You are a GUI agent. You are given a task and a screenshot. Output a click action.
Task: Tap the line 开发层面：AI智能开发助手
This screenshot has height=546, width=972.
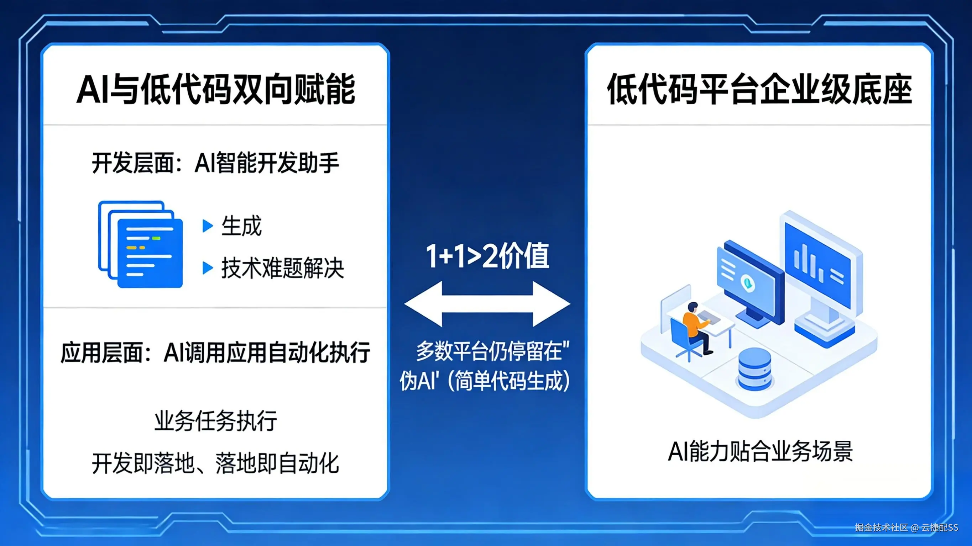[x=215, y=163]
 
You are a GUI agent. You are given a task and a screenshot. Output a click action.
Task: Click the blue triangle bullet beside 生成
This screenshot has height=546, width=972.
[x=208, y=226]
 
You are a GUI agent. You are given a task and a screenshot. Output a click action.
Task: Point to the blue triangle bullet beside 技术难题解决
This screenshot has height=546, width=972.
[x=208, y=268]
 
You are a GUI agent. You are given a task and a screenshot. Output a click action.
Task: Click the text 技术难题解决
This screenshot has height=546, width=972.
[x=283, y=269]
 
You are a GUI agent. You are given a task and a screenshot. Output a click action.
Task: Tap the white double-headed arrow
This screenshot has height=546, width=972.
[x=487, y=303]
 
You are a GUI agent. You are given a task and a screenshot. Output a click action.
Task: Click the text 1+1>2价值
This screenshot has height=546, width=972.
[x=487, y=256]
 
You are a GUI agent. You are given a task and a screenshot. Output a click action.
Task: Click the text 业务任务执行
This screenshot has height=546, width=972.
[x=215, y=421]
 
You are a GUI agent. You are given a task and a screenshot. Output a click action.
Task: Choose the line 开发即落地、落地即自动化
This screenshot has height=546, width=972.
[x=215, y=463]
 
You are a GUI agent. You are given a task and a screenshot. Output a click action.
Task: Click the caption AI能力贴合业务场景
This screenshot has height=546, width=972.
[x=760, y=451]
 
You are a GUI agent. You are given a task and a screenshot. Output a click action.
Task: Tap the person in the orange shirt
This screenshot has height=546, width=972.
[x=696, y=325]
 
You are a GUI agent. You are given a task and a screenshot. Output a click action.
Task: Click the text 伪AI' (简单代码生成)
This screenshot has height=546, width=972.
[x=485, y=381]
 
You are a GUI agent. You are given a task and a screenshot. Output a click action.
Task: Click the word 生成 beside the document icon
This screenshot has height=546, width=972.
[x=241, y=226]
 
